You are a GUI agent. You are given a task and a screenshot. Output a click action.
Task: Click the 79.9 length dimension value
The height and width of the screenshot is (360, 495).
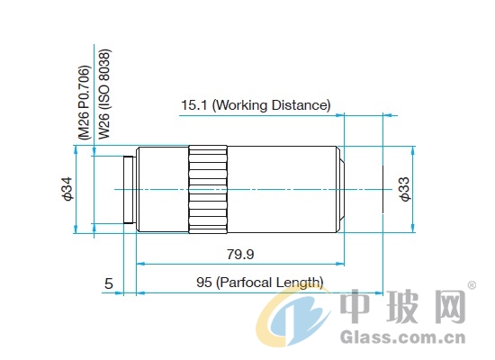240,254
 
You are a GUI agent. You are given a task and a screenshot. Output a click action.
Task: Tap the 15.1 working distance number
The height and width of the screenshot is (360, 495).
193,105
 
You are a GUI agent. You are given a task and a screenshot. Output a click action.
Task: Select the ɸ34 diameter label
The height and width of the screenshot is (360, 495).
67,189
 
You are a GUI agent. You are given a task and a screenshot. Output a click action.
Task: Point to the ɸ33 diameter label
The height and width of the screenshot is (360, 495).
405,189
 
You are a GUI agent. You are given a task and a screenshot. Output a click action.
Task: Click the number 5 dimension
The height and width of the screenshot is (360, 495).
109,283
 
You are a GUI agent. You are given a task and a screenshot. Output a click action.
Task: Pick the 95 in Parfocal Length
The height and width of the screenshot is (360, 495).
204,282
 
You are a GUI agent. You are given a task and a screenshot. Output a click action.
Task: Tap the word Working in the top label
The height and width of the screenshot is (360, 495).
239,105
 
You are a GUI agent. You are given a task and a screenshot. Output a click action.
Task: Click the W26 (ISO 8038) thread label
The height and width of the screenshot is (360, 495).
104,94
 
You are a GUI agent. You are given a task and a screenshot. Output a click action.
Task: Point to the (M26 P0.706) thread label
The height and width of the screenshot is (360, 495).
85,103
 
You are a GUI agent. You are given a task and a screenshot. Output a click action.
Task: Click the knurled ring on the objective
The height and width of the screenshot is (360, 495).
208,189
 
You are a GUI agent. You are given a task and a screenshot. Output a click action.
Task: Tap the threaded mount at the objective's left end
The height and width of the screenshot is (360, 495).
130,190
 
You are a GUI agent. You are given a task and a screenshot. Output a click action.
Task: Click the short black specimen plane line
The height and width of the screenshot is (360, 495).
382,189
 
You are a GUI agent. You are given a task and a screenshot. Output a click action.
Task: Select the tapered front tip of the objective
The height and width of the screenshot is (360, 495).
340,189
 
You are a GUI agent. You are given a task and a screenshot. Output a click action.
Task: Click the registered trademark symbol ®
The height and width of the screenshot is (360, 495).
472,285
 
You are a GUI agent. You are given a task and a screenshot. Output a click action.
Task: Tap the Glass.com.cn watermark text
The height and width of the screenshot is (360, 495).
403,337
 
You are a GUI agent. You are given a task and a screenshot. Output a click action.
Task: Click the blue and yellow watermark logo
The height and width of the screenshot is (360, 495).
292,318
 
